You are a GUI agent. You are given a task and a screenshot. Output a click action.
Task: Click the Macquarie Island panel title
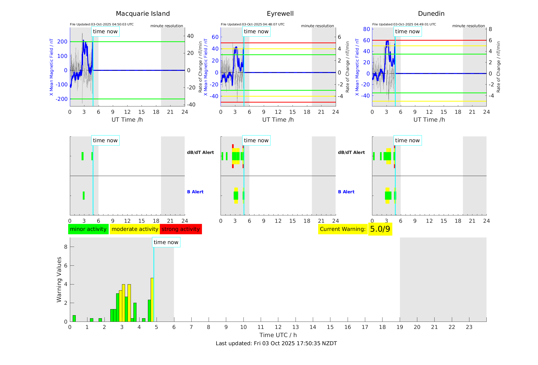143,14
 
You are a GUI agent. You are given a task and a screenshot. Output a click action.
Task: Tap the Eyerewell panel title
280,14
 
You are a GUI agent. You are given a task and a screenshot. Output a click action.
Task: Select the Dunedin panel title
431,14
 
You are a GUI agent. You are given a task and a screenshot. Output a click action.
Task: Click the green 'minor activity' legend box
88,229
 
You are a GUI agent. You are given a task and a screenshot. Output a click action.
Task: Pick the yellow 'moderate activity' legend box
135,229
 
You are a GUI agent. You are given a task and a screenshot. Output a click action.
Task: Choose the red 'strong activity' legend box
181,229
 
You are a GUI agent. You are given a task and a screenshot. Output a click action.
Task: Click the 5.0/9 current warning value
380,229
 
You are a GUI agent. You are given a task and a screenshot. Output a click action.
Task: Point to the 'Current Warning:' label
343,229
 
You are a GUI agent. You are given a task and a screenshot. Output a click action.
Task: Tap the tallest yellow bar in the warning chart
152,300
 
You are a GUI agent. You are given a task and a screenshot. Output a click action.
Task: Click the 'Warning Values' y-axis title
59,279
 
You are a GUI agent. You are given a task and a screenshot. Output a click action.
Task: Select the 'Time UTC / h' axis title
278,335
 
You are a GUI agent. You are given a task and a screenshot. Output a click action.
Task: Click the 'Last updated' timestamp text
276,343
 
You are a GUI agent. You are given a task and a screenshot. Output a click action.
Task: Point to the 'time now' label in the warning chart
166,242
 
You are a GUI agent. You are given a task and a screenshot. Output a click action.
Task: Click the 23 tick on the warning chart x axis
469,327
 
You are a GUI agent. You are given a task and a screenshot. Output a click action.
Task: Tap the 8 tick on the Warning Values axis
66,247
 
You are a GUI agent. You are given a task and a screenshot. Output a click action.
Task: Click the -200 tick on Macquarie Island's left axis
62,99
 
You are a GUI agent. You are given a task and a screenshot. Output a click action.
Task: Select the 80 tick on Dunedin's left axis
366,29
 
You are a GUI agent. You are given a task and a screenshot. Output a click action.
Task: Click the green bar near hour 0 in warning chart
74,319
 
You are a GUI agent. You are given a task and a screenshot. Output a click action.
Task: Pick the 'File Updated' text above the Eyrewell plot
253,24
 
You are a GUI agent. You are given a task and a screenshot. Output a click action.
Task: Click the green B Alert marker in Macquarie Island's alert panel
84,196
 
